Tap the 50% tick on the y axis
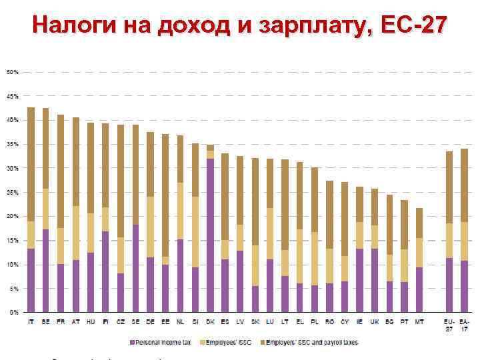coord(13,71)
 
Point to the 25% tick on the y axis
coord(13,192)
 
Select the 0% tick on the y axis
coord(13,312)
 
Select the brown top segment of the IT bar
coord(31,164)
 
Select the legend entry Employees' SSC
coord(231,342)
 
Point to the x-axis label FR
coord(61,323)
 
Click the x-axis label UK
coord(375,323)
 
